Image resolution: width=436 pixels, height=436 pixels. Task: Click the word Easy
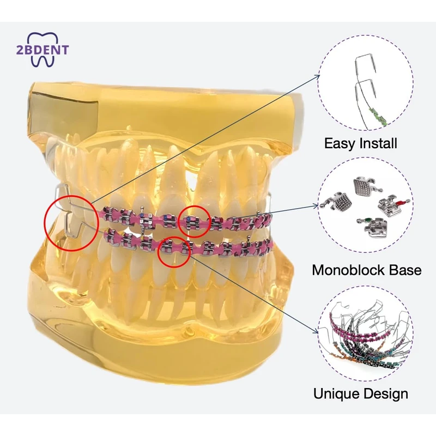coord(339,144)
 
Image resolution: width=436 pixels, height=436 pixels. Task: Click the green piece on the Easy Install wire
coord(378,114)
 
